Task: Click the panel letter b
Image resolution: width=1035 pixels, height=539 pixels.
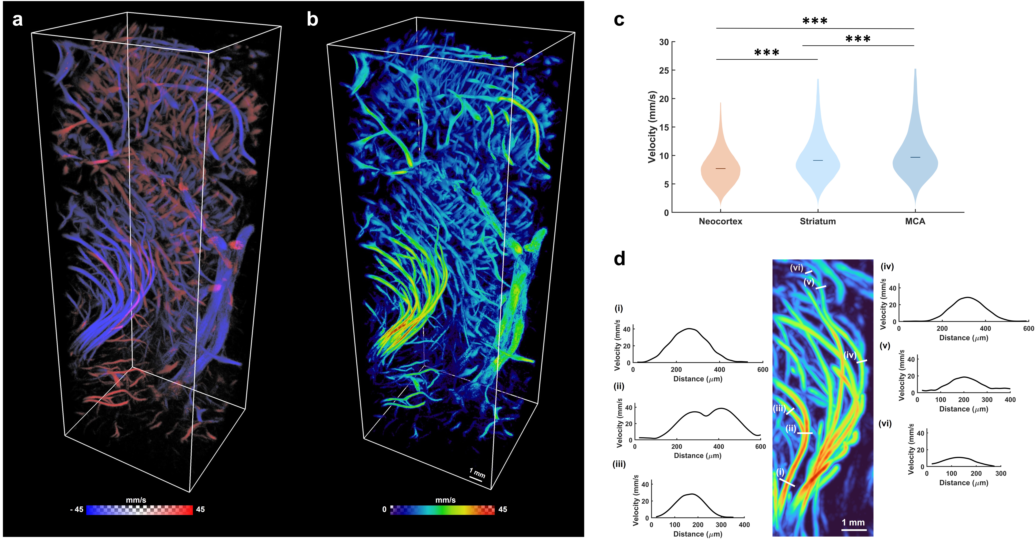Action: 312,19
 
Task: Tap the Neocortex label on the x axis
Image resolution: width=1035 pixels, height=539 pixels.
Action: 720,221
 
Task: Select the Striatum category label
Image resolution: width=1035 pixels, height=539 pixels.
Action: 818,221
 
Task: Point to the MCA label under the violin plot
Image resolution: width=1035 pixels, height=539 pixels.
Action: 915,221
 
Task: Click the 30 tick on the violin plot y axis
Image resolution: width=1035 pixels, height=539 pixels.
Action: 664,42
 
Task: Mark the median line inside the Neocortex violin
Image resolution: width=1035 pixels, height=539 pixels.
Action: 720,168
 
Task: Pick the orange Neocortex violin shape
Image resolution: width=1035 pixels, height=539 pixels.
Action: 720,173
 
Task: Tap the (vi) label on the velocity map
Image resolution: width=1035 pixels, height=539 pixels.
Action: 796,267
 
